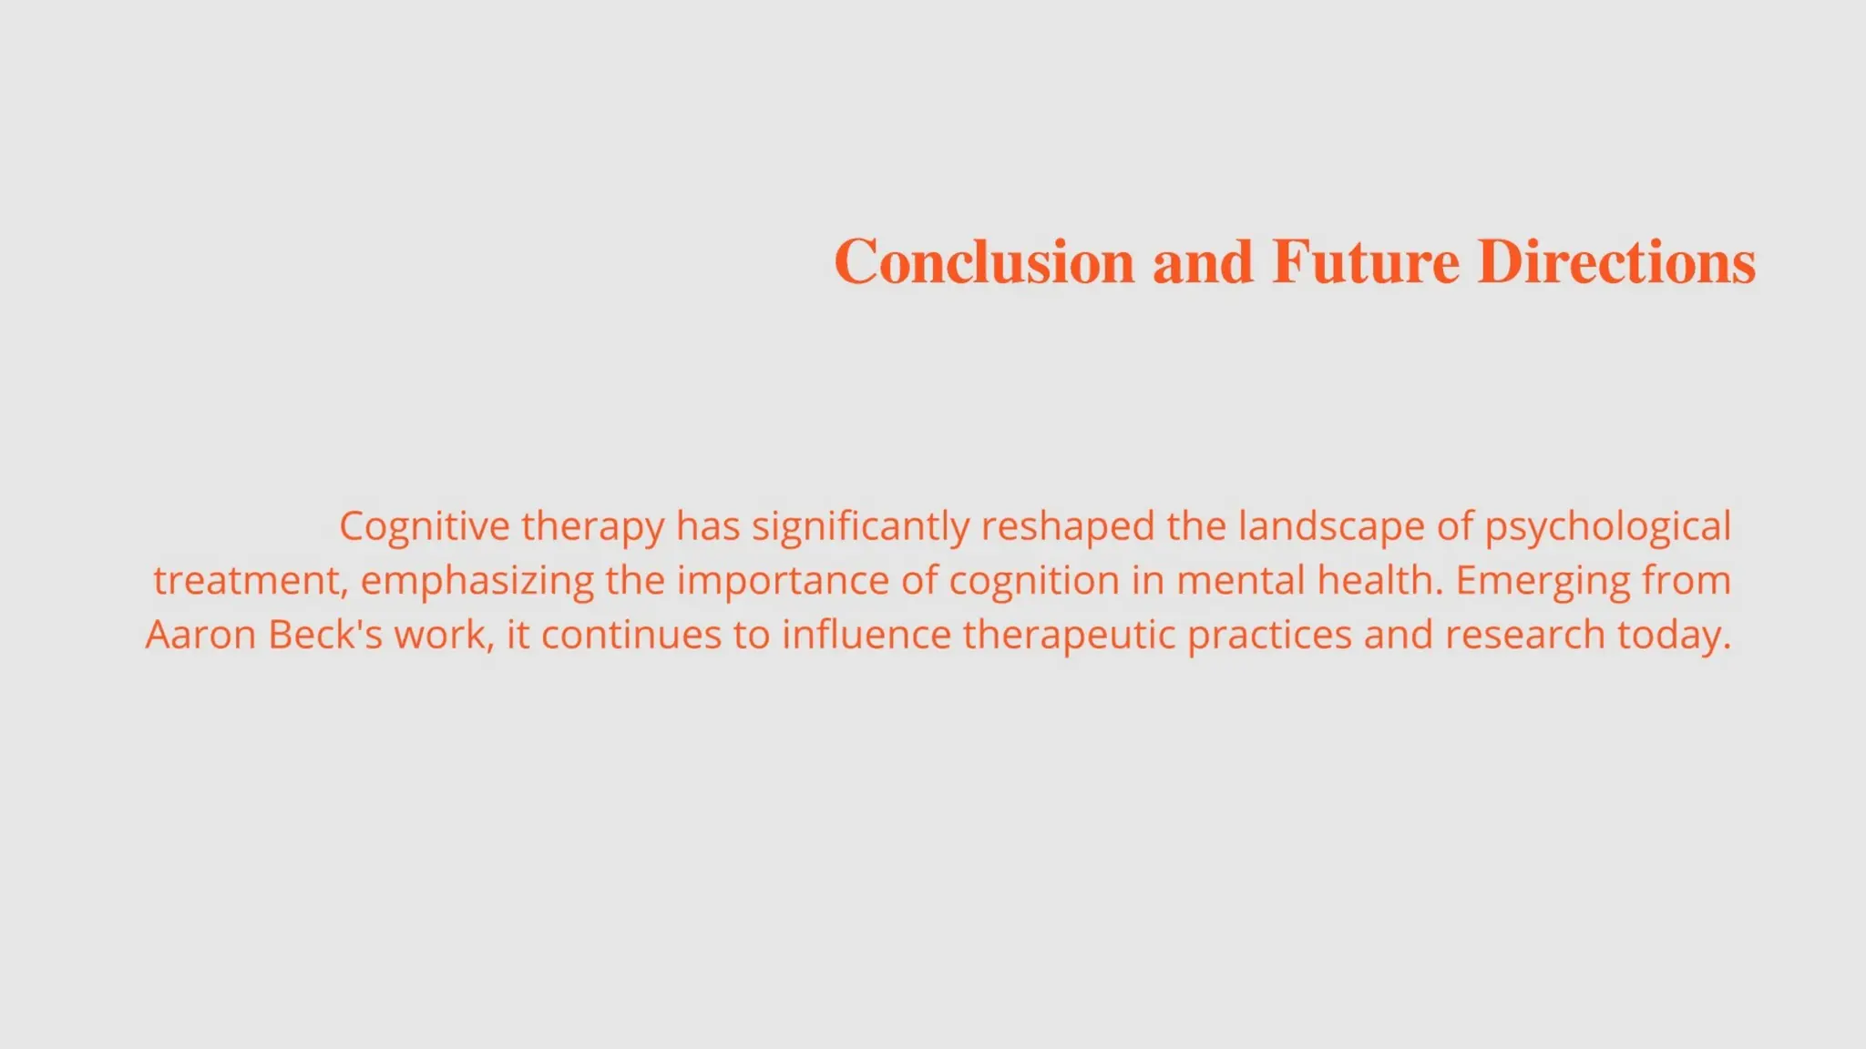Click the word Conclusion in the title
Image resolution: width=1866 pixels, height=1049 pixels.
tap(984, 262)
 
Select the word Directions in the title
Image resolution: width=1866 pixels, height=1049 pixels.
tap(1615, 262)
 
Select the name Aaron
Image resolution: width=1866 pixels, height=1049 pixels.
tap(200, 635)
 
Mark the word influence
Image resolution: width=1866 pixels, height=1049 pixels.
tap(866, 635)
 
